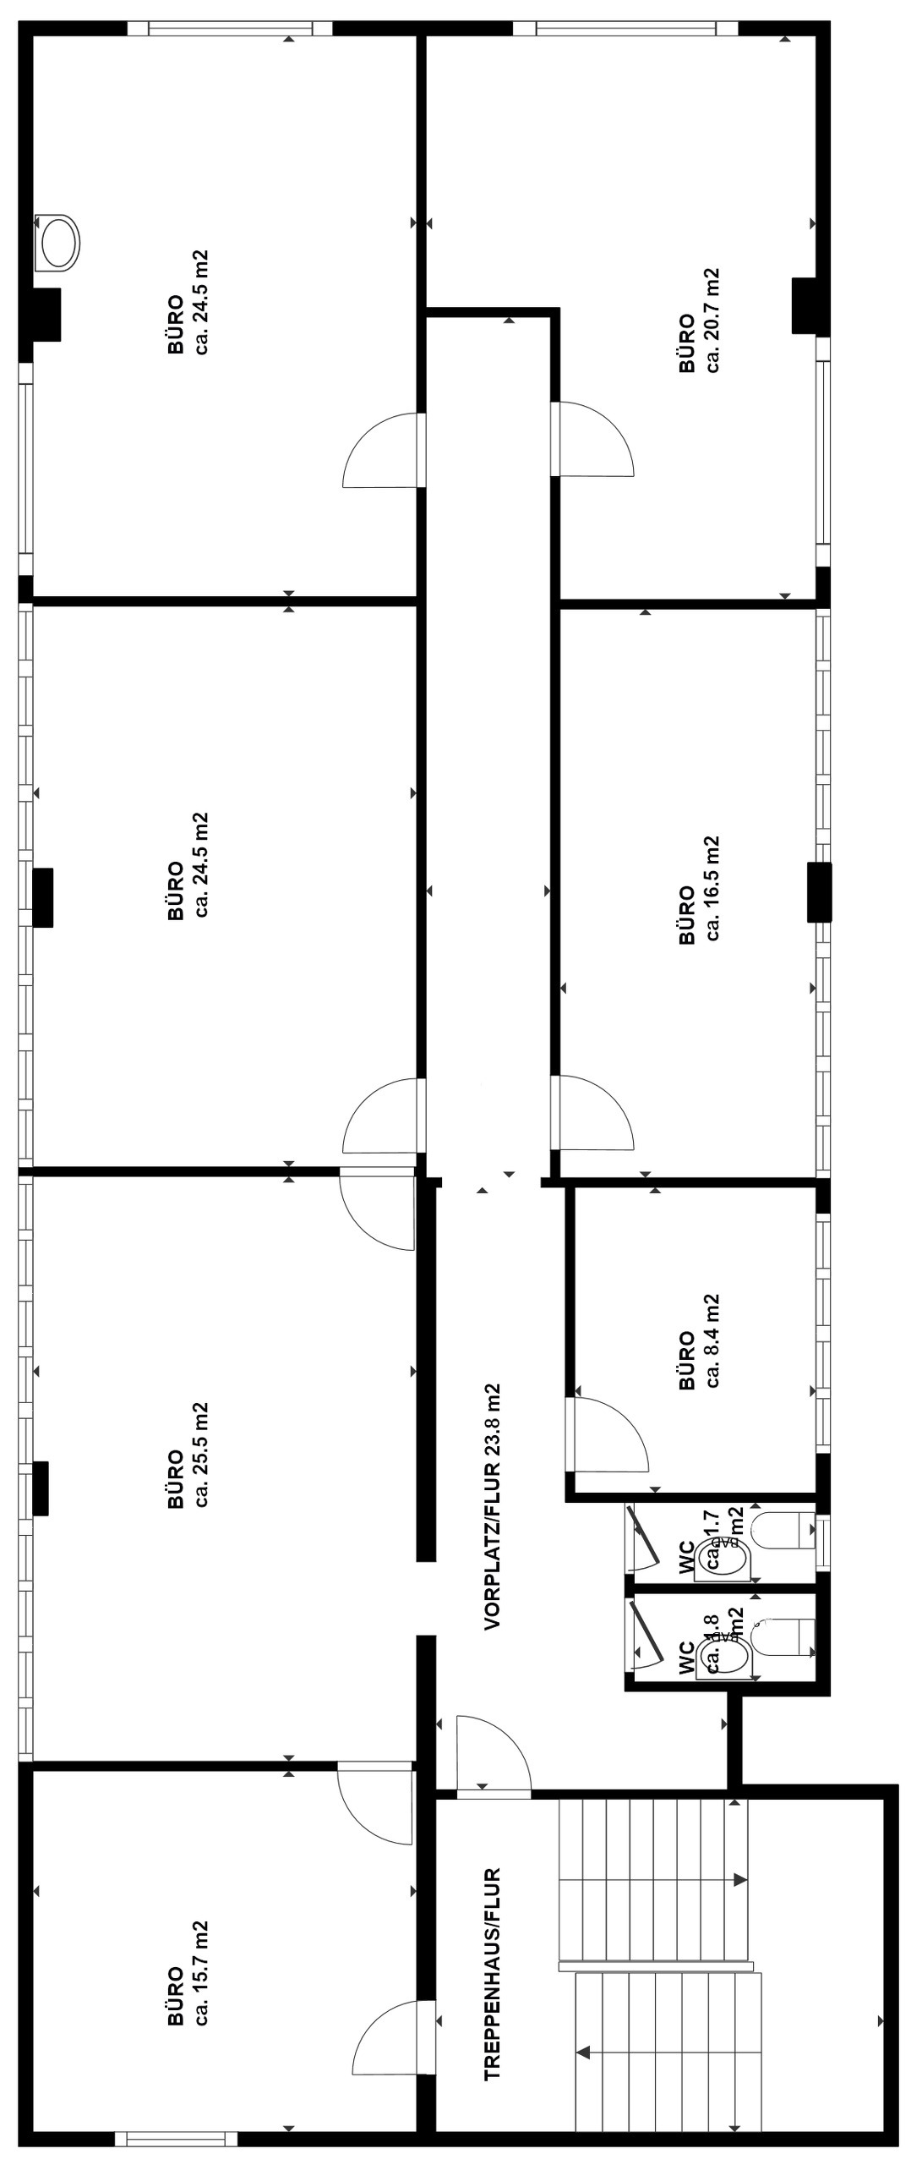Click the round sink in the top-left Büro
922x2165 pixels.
pos(58,243)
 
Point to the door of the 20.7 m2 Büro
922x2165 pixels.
pos(592,440)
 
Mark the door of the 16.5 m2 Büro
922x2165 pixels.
pos(592,1112)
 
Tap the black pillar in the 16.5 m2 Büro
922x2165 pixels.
pos(818,891)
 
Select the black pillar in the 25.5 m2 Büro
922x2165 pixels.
pos(40,1488)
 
